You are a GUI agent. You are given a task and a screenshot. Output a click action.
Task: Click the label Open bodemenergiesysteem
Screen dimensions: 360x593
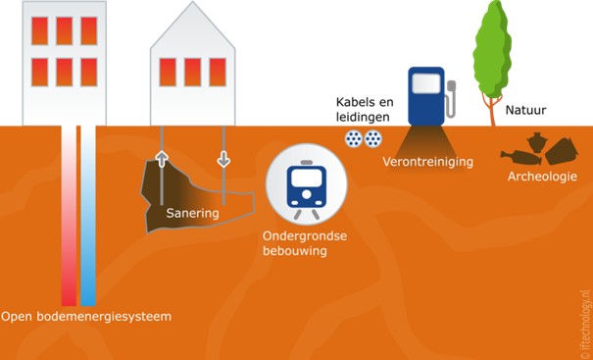(x=86, y=317)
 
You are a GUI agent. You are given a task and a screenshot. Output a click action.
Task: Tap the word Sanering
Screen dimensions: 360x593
(x=191, y=213)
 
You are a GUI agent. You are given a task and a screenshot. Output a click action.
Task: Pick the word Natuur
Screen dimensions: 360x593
(x=525, y=112)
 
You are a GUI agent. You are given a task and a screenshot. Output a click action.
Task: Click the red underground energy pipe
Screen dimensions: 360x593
(x=69, y=216)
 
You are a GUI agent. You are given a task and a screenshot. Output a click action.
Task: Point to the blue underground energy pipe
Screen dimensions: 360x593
(x=88, y=216)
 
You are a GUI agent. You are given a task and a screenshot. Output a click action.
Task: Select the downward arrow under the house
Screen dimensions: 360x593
(x=223, y=158)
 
